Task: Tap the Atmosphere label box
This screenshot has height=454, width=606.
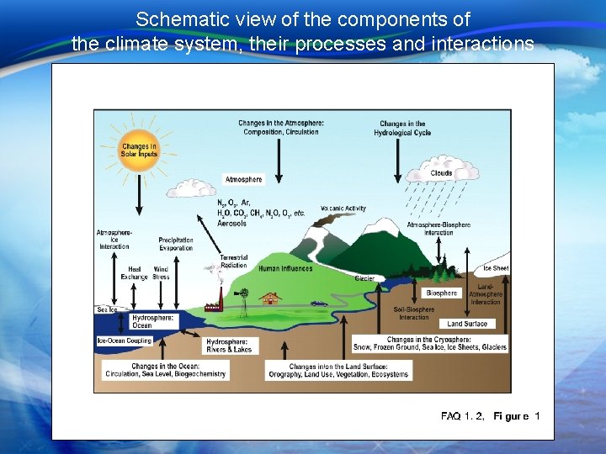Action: (x=243, y=179)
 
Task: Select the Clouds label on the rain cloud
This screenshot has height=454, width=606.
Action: (x=441, y=173)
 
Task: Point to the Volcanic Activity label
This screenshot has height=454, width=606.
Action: (x=343, y=209)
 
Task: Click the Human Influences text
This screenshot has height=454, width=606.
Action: (x=285, y=269)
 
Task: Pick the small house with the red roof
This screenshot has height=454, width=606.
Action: (x=270, y=297)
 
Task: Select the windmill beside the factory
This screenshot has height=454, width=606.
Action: (x=244, y=296)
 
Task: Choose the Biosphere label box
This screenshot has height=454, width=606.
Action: (x=441, y=293)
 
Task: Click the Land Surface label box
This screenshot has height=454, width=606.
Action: (x=467, y=324)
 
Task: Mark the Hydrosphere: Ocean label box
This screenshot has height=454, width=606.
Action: (x=153, y=322)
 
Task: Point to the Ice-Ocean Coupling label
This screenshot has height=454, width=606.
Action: (x=125, y=340)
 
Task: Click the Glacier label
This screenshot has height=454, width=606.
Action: (x=364, y=278)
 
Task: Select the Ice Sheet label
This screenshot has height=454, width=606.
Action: (x=495, y=269)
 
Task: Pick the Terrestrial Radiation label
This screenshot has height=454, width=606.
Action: (x=233, y=261)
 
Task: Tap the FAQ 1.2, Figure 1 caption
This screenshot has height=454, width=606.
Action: (x=490, y=416)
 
